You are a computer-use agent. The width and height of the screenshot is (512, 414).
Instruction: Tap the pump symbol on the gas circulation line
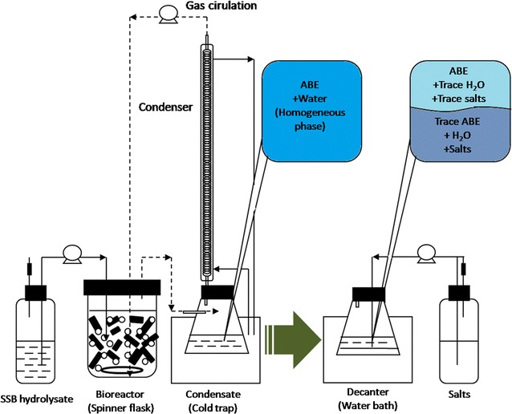coord(169,13)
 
